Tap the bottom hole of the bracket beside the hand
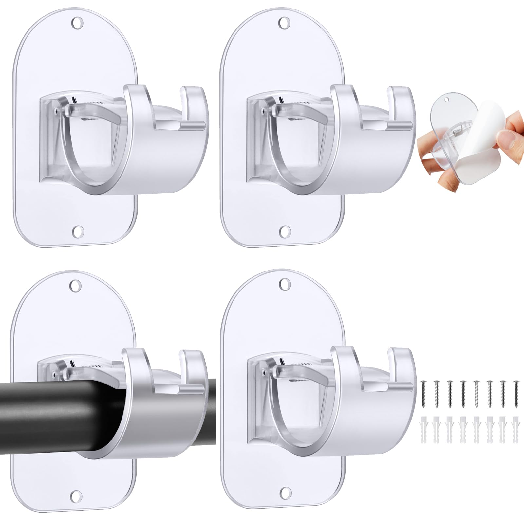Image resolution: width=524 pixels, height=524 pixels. point(284,231)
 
